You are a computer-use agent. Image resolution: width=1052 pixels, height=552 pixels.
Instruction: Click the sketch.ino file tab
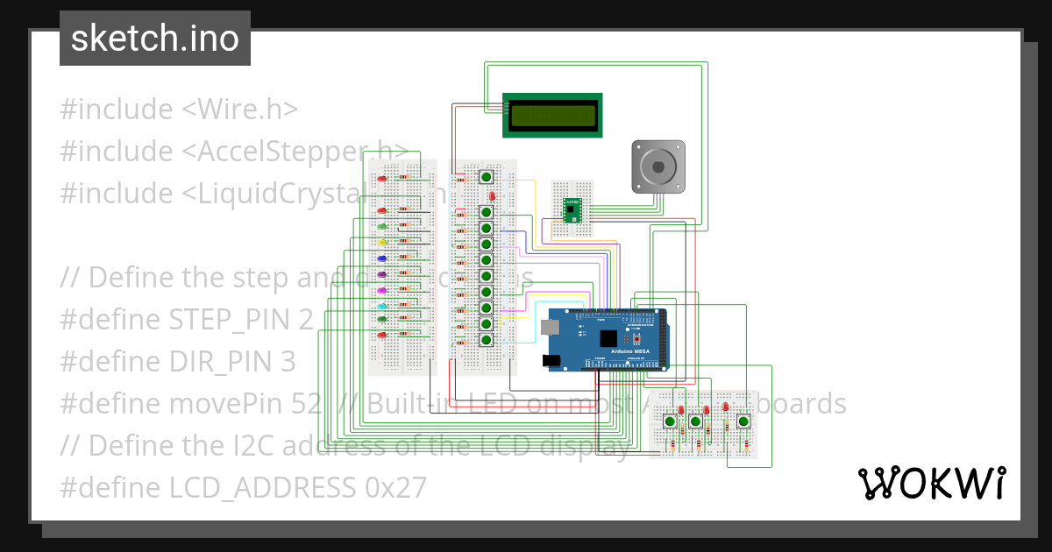[155, 39]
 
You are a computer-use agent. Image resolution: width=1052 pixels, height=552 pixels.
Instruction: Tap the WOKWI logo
[930, 483]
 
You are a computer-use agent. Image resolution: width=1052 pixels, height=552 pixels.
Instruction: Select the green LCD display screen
[552, 115]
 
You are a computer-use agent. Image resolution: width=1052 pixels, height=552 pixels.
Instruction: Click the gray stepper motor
[658, 166]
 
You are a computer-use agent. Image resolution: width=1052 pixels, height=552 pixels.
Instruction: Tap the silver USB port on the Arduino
[550, 328]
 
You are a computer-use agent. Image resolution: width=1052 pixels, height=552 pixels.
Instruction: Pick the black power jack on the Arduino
[552, 359]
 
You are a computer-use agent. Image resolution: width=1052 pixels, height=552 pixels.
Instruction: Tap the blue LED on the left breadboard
[382, 258]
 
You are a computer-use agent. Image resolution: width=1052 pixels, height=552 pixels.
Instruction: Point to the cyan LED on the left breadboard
[382, 306]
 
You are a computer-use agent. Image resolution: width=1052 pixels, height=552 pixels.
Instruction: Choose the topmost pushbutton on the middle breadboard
[487, 177]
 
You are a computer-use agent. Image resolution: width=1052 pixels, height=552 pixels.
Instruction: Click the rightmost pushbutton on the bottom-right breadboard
[743, 421]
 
